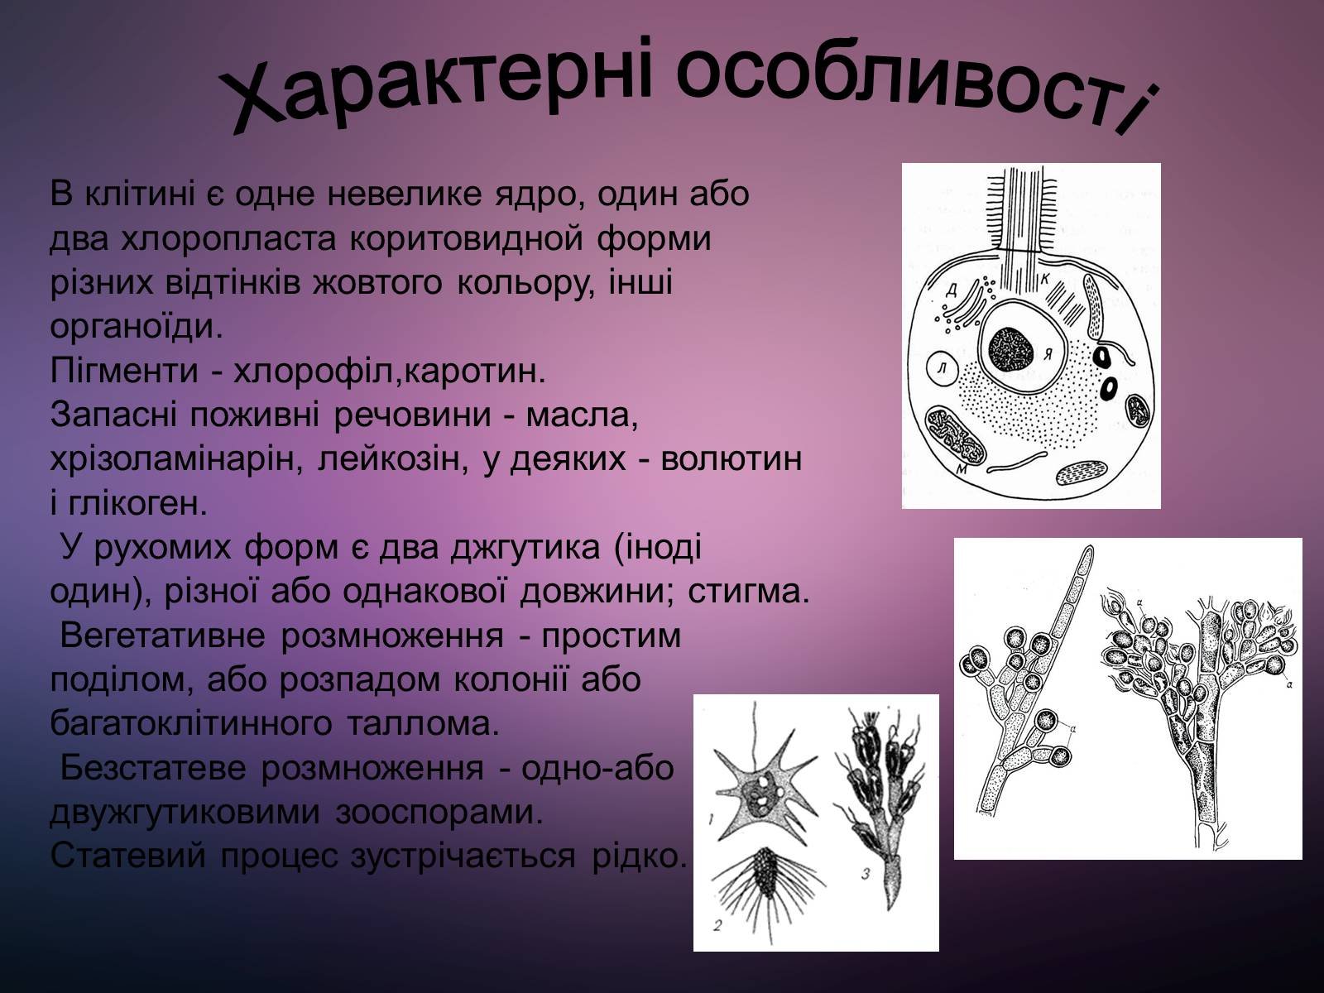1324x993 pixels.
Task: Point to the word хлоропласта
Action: tap(228, 239)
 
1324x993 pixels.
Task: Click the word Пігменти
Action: tap(123, 371)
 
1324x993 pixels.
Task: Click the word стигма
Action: tap(749, 592)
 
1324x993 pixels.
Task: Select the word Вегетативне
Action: tap(163, 636)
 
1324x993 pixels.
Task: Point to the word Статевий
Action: tap(127, 856)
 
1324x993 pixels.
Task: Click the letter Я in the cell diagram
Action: tap(1048, 355)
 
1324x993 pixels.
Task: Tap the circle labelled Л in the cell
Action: tap(943, 367)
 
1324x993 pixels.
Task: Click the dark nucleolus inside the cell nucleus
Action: tap(1013, 349)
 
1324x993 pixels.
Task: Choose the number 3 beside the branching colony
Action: tap(866, 873)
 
